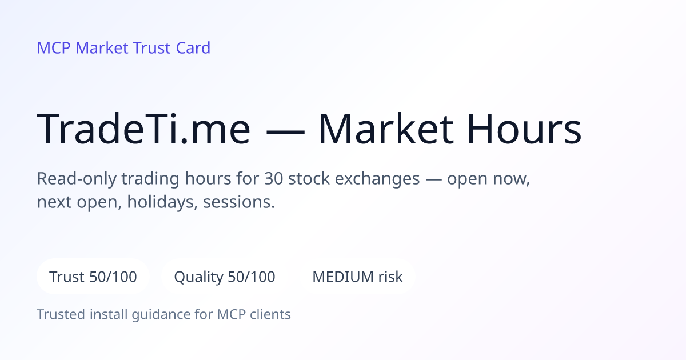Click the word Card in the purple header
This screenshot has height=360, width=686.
click(x=193, y=48)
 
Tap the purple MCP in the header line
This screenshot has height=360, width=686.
click(x=54, y=48)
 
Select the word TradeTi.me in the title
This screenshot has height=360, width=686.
click(x=143, y=129)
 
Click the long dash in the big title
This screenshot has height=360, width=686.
click(x=285, y=132)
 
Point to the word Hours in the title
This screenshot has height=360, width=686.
click(x=524, y=129)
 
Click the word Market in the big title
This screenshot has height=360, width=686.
click(x=386, y=129)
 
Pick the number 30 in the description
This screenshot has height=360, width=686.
click(x=273, y=178)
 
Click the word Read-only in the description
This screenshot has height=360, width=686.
click(x=77, y=179)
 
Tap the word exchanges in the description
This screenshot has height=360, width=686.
click(x=377, y=179)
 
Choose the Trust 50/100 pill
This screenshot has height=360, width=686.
click(x=93, y=277)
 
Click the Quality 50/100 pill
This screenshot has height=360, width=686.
click(x=225, y=277)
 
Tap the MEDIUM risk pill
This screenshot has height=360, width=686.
click(x=357, y=277)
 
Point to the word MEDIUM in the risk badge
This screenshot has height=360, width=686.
click(x=342, y=277)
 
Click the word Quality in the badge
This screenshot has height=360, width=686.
click(x=199, y=277)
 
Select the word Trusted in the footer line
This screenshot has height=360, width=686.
click(x=61, y=314)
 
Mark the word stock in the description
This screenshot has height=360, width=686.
click(x=309, y=178)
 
